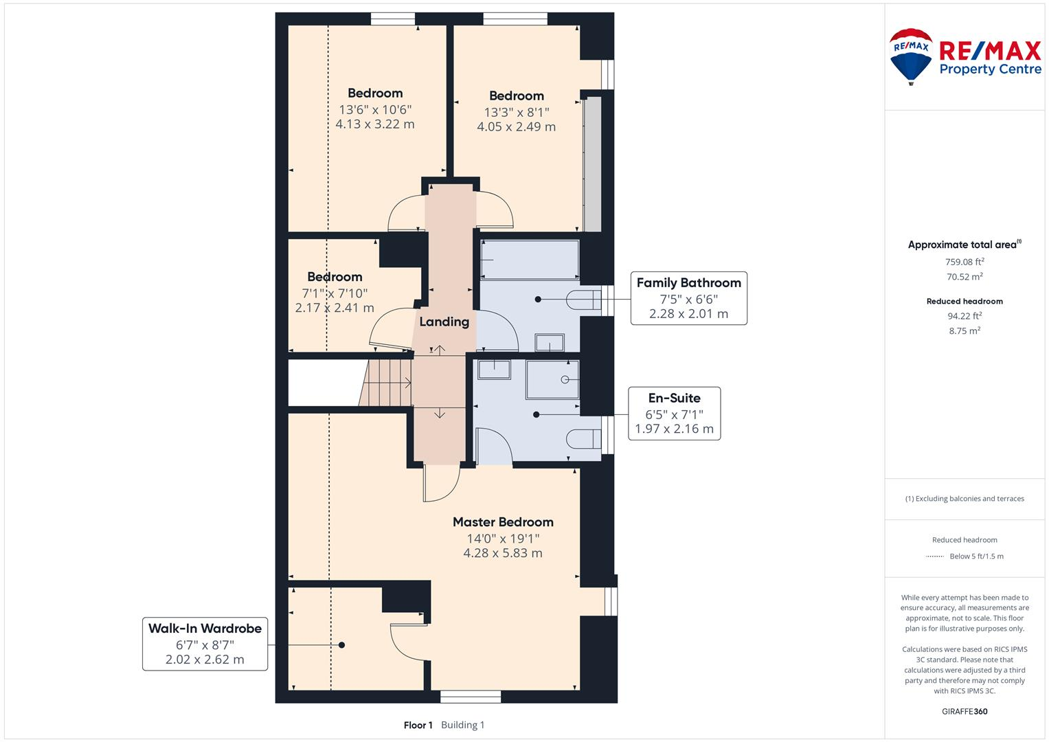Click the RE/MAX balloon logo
coord(911,56)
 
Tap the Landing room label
coord(444,322)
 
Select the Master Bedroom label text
coord(503,522)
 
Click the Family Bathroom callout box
coord(688,298)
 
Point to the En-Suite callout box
coord(674,414)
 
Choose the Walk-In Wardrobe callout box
coord(205,644)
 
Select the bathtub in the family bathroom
coord(530,259)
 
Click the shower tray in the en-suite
coord(553,379)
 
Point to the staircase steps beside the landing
coord(386,382)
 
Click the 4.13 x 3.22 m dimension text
coord(374,124)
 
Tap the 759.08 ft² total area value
coord(965,262)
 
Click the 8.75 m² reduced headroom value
coord(965,330)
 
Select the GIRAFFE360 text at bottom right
coord(965,711)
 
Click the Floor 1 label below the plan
coord(418,725)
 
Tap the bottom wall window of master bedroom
coord(471,697)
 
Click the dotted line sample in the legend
coord(935,556)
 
